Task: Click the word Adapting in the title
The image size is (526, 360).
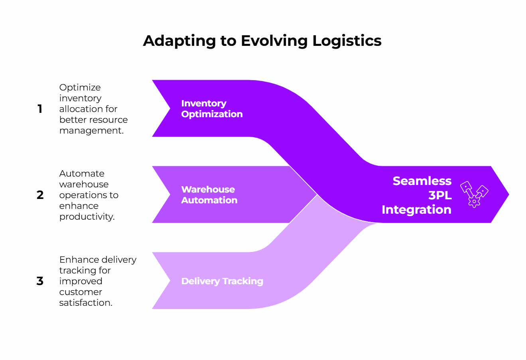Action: point(179,41)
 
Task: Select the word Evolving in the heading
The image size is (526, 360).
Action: point(274,41)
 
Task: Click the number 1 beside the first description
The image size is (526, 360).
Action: point(40,109)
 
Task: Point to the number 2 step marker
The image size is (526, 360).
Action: point(40,195)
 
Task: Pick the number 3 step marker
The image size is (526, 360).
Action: point(40,281)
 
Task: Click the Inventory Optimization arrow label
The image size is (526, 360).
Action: point(212,109)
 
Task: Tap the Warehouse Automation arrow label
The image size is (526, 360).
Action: point(209,195)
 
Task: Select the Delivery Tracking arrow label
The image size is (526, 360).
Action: point(222,281)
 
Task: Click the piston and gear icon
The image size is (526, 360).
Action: point(474,194)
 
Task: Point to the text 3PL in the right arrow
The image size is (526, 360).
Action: point(440,195)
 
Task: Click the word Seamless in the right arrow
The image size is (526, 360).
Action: point(422,181)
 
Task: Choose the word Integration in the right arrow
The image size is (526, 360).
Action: point(416,210)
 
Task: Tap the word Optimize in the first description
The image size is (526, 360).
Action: point(80,88)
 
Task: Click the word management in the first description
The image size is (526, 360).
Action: point(91,131)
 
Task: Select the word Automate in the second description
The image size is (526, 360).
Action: point(82,174)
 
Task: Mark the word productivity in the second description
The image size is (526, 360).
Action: point(86,217)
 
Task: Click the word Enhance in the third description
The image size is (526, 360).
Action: point(74,260)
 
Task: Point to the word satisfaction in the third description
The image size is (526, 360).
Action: point(85,303)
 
